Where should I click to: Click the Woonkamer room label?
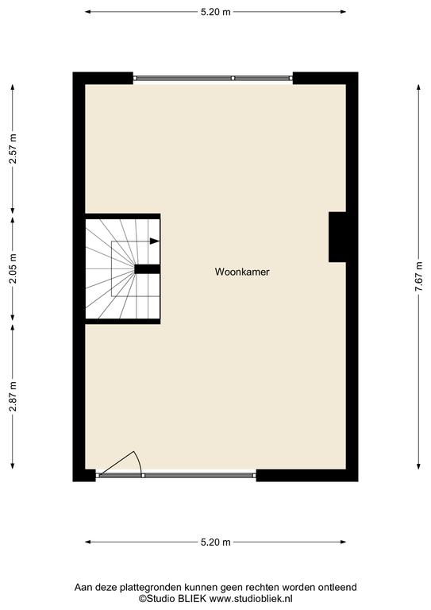point(242,272)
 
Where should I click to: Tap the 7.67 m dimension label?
point(418,276)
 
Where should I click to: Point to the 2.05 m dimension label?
point(13,268)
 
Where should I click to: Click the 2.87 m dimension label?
point(13,396)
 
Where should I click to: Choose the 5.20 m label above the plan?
point(216,12)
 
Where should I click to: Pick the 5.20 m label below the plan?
point(216,542)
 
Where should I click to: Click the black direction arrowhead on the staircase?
point(155,241)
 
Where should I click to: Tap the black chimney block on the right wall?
point(337,237)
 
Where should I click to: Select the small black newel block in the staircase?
point(148,268)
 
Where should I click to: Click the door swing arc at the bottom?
point(138,462)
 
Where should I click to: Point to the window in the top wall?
point(213,78)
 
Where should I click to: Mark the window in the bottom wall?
point(176,476)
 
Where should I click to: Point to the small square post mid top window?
point(233,78)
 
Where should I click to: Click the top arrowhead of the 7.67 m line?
point(418,87)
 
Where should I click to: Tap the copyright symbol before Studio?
point(143,598)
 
